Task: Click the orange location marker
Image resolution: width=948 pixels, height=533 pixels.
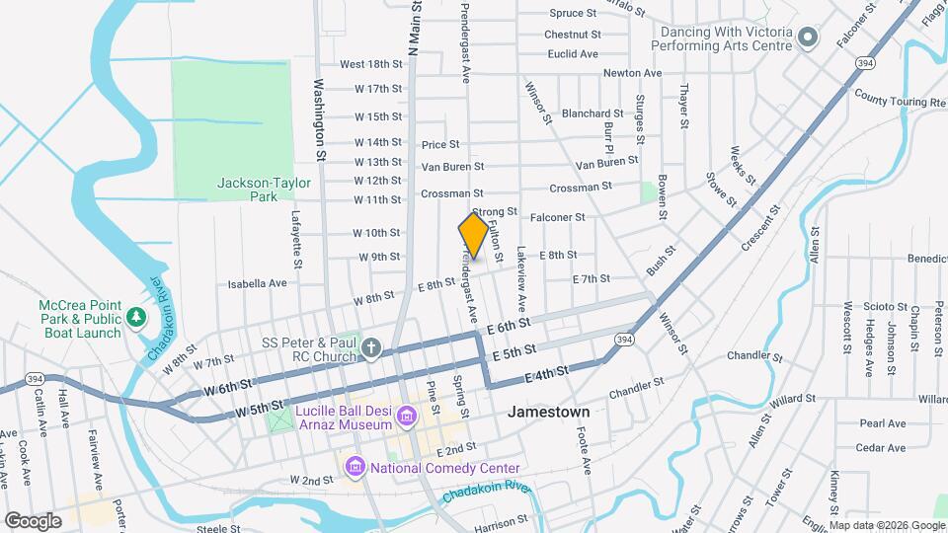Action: tap(474, 236)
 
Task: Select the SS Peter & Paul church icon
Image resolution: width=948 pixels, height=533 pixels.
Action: tap(370, 347)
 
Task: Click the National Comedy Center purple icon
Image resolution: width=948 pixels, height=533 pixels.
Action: tap(355, 465)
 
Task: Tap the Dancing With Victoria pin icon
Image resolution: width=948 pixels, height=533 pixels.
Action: tap(808, 38)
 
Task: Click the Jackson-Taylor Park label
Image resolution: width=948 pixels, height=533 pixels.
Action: tap(264, 190)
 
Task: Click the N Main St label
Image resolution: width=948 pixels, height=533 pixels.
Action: tap(416, 34)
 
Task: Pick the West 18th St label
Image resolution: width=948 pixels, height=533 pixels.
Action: tap(370, 64)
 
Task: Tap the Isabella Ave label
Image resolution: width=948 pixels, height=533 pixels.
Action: tap(257, 283)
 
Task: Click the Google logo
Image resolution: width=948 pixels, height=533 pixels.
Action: tap(33, 519)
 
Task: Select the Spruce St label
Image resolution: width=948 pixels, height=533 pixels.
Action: tap(573, 14)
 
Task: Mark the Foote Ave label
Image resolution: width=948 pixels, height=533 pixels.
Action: tap(585, 456)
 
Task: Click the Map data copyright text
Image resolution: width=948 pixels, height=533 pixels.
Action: tap(885, 524)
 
